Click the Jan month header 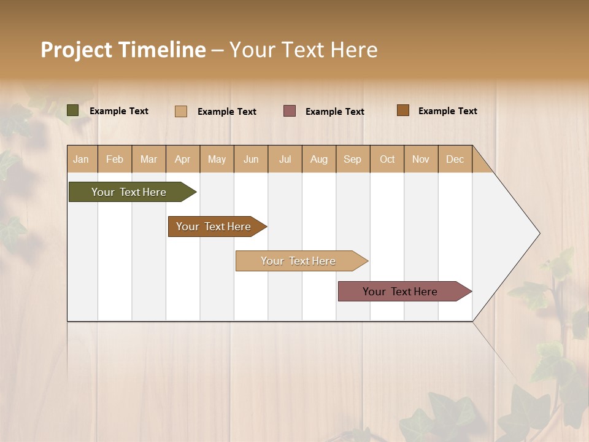tap(81, 159)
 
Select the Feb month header tap(115, 159)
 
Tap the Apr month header tap(182, 159)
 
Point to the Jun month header tap(251, 159)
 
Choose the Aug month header tap(318, 159)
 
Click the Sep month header tap(352, 159)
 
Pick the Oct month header tap(387, 159)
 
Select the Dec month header tap(455, 159)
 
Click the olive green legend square tap(73, 110)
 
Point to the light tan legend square tap(181, 111)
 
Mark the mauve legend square tap(290, 110)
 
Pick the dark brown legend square tap(403, 110)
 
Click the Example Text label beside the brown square tap(447, 111)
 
